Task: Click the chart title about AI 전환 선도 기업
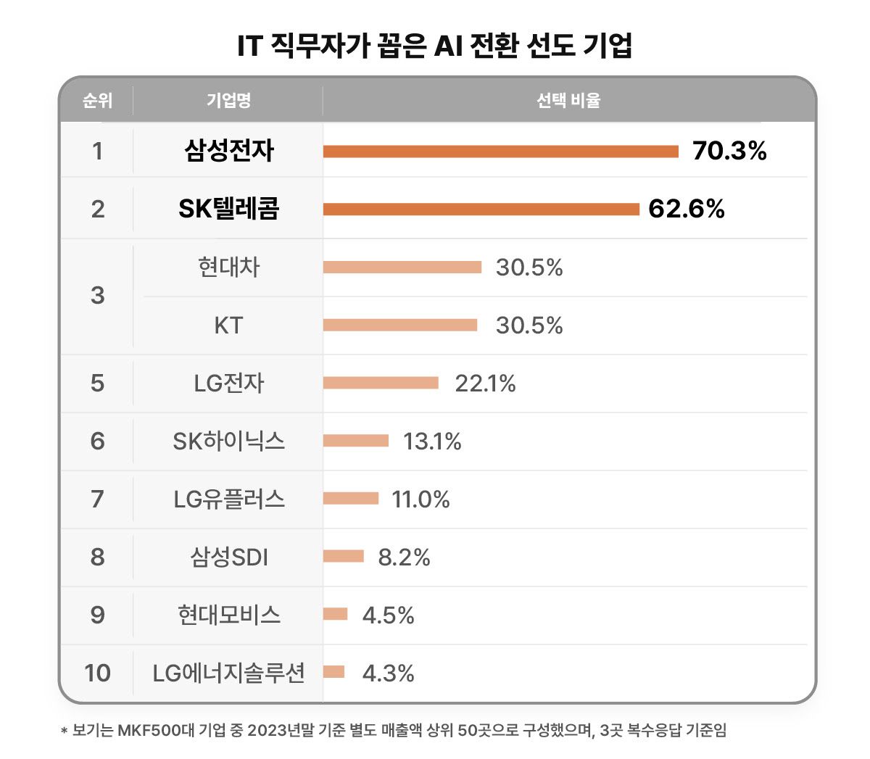pyautogui.click(x=435, y=45)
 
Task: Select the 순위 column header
pyautogui.click(x=97, y=100)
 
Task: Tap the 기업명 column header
pyautogui.click(x=228, y=100)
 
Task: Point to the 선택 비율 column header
pyautogui.click(x=568, y=100)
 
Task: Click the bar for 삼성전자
pyautogui.click(x=500, y=152)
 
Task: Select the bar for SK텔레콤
pyautogui.click(x=481, y=210)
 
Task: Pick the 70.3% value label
pyautogui.click(x=729, y=151)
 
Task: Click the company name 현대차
pyautogui.click(x=228, y=267)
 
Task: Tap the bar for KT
pyautogui.click(x=400, y=325)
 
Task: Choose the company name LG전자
pyautogui.click(x=228, y=383)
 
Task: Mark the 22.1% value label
pyautogui.click(x=485, y=383)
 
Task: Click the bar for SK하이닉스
pyautogui.click(x=356, y=441)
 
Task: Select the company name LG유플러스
pyautogui.click(x=228, y=499)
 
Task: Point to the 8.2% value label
pyautogui.click(x=404, y=557)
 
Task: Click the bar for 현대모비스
pyautogui.click(x=336, y=615)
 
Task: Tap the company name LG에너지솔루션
pyautogui.click(x=228, y=673)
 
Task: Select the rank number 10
pyautogui.click(x=97, y=673)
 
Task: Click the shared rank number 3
pyautogui.click(x=97, y=296)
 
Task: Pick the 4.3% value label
pyautogui.click(x=388, y=673)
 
